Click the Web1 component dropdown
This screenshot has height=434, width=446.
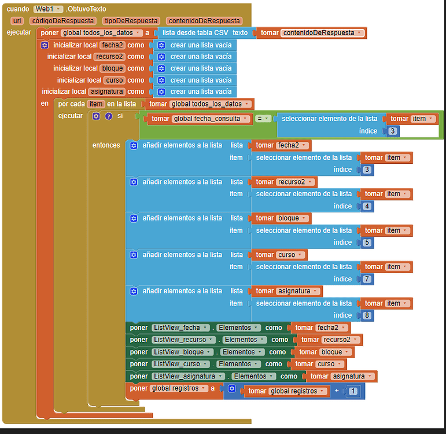48,9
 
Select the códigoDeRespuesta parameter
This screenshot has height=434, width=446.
62,21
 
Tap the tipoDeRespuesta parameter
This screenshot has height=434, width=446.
131,21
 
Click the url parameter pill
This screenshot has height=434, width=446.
17,21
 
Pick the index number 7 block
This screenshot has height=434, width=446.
367,279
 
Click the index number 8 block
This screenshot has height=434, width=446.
367,315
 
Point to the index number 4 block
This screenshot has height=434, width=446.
367,206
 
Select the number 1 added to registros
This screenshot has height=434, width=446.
353,391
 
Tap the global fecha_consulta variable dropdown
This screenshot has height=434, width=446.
211,119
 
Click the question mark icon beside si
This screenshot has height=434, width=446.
108,116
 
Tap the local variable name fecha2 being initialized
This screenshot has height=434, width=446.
112,45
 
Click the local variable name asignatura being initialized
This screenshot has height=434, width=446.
107,91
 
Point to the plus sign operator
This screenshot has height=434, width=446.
336,391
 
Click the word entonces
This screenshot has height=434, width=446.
106,145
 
